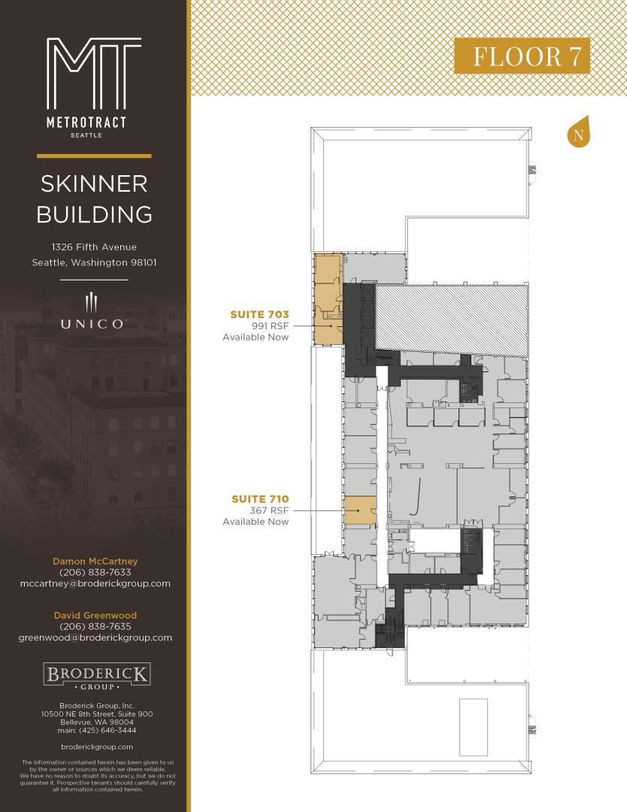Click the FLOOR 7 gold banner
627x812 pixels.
pos(522,56)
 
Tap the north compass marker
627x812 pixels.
pos(578,132)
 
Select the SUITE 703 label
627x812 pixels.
pos(259,314)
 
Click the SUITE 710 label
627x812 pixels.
pos(260,498)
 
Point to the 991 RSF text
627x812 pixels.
pos(270,326)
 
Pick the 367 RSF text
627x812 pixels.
pos(269,510)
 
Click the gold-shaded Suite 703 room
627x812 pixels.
pos(328,299)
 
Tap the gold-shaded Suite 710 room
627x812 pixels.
pos(360,511)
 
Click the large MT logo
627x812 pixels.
pos(94,73)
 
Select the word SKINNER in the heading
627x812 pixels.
pos(94,184)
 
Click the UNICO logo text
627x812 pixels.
pos(92,324)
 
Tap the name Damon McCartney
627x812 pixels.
pos(95,561)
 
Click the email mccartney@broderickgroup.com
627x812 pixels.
pos(95,583)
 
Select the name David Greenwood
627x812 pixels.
pos(95,615)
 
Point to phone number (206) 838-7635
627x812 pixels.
pos(95,626)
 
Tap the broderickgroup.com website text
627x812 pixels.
pos(97,747)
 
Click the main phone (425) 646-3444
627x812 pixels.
pos(97,730)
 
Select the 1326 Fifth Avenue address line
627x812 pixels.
pos(94,247)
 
